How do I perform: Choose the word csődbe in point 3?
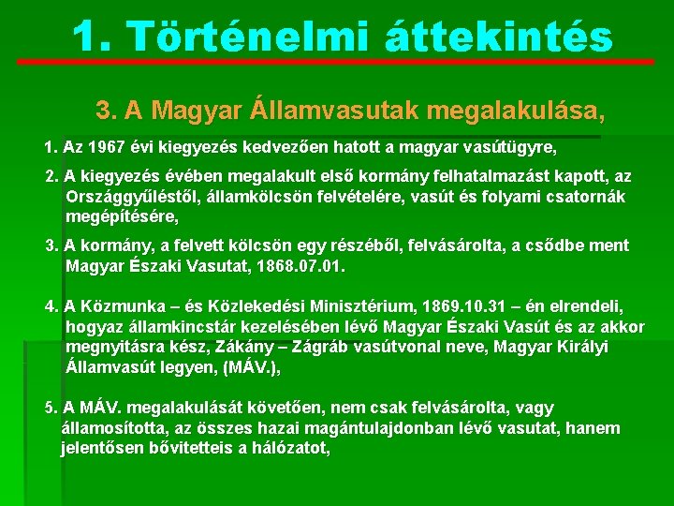point(555,246)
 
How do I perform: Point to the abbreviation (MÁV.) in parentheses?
point(250,367)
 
